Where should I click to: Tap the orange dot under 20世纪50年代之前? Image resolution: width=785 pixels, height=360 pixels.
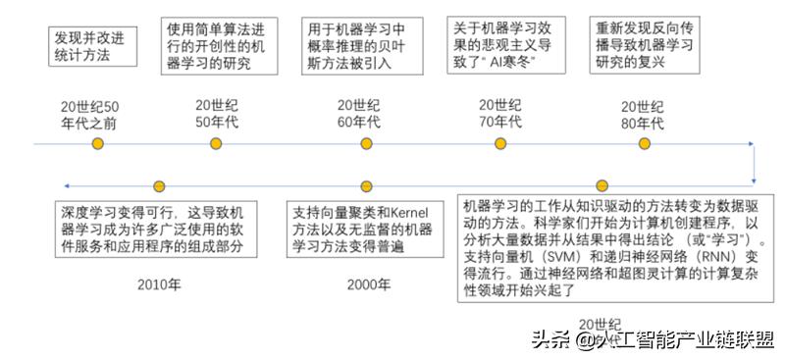[x=97, y=144]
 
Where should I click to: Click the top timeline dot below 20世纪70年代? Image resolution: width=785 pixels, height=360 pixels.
[x=503, y=144]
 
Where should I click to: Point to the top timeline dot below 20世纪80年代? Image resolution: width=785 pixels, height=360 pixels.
[x=645, y=144]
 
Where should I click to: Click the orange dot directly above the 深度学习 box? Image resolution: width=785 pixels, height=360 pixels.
[x=159, y=185]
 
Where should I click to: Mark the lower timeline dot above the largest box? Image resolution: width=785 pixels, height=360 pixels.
[x=602, y=185]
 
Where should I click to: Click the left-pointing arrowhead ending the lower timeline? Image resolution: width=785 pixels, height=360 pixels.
[x=65, y=185]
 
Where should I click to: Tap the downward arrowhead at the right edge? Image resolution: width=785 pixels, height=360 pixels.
[x=754, y=179]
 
